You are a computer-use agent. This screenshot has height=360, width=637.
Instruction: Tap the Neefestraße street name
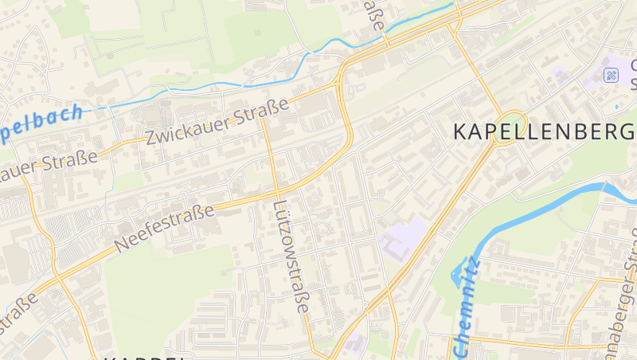pyautogui.click(x=166, y=228)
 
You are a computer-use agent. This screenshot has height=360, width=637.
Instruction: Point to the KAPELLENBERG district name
pyautogui.click(x=545, y=132)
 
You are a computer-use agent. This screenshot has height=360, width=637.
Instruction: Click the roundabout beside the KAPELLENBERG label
pyautogui.click(x=510, y=127)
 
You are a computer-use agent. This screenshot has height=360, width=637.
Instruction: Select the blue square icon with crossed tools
pyautogui.click(x=612, y=76)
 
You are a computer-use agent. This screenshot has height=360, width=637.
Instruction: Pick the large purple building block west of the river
pyautogui.click(x=402, y=237)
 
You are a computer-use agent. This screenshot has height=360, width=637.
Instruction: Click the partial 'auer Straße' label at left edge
pyautogui.click(x=48, y=163)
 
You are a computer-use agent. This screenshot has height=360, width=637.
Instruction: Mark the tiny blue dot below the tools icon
pyautogui.click(x=616, y=107)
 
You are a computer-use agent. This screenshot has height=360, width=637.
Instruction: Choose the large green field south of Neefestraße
pyautogui.click(x=167, y=287)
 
